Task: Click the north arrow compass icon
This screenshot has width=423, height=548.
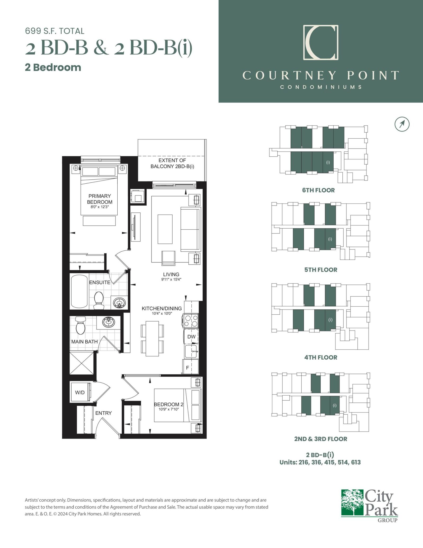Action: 402,124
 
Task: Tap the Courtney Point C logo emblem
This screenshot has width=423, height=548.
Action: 321,42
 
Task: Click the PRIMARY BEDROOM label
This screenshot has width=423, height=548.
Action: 100,199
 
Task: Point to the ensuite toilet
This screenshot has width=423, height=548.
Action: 99,301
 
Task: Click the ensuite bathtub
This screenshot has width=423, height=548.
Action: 79,292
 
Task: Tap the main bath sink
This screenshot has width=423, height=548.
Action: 108,322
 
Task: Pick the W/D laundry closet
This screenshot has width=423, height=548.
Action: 80,392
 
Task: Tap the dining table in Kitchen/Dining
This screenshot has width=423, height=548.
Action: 152,339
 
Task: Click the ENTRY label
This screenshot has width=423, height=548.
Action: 104,413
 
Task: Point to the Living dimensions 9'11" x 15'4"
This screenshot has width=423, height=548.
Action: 171,279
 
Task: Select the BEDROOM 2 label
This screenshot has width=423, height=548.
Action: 169,404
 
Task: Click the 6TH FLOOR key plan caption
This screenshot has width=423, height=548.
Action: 318,190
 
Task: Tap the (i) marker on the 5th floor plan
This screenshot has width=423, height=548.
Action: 330,239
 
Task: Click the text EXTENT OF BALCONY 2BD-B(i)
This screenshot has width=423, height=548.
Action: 172,164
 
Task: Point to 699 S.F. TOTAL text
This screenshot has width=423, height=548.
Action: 55,31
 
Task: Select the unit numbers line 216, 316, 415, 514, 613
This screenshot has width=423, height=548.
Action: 320,462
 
